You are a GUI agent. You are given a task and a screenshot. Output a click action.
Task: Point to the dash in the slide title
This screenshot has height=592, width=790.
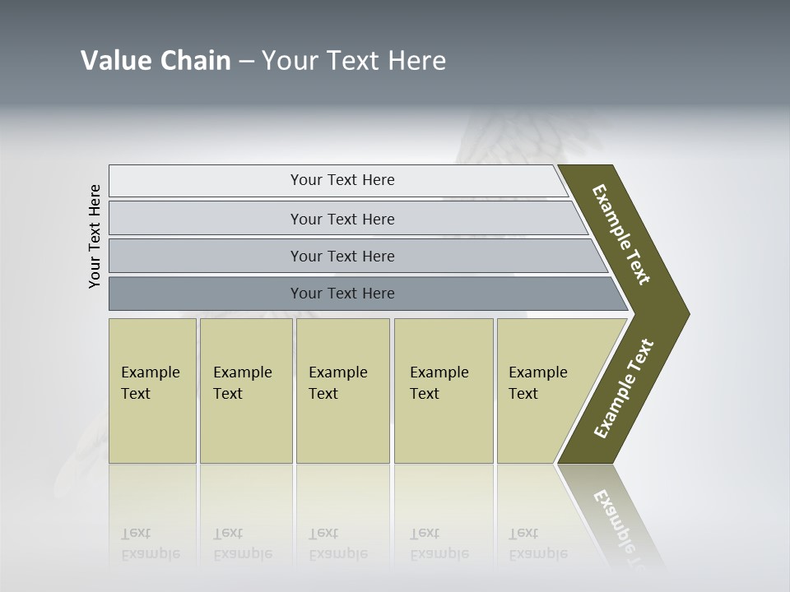[246, 61]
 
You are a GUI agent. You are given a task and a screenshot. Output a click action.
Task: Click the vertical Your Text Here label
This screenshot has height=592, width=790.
[95, 236]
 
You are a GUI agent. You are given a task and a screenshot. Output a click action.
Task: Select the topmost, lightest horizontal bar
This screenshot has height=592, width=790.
[342, 180]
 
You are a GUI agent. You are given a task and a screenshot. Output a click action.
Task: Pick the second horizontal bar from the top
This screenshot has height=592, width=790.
[342, 219]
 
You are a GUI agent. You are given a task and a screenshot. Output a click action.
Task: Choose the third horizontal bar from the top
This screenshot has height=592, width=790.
[342, 256]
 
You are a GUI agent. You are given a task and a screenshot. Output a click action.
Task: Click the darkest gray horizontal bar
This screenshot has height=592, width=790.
[342, 294]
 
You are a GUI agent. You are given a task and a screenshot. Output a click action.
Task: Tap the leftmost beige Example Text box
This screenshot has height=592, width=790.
[152, 391]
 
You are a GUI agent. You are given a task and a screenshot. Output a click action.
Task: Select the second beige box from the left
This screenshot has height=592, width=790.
[245, 391]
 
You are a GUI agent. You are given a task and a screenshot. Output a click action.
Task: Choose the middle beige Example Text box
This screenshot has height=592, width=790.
[342, 391]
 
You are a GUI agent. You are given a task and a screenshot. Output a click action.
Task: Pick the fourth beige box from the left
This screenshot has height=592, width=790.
[444, 391]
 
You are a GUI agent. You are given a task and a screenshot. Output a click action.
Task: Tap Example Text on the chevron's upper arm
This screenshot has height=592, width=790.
[621, 235]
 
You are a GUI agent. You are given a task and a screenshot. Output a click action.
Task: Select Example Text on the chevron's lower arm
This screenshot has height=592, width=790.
[624, 389]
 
